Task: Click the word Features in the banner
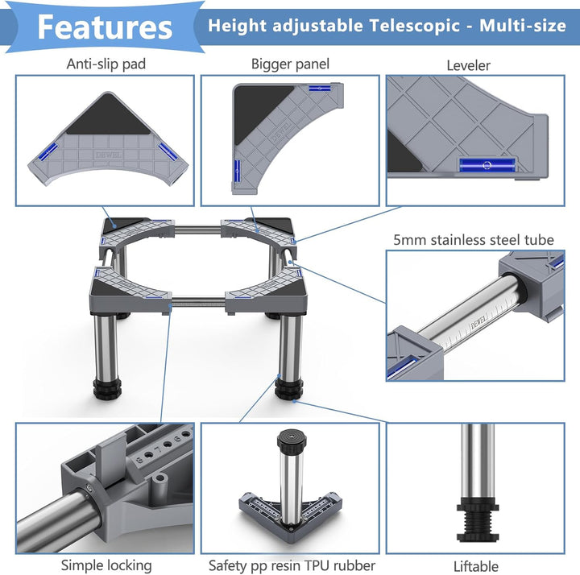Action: pyautogui.click(x=105, y=27)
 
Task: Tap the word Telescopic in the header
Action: pyautogui.click(x=414, y=26)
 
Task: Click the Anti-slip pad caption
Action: pyautogui.click(x=106, y=64)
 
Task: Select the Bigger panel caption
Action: pyautogui.click(x=290, y=64)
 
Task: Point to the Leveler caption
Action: pyautogui.click(x=468, y=65)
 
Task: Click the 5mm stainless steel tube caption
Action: pyautogui.click(x=474, y=240)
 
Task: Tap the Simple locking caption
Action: pyautogui.click(x=106, y=565)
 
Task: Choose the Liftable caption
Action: pyautogui.click(x=476, y=566)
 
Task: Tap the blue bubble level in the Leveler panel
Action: pyautogui.click(x=487, y=165)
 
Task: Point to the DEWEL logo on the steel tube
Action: pyautogui.click(x=478, y=325)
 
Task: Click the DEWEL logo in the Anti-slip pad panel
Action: pyautogui.click(x=109, y=155)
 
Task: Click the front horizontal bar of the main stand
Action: pyautogui.click(x=198, y=302)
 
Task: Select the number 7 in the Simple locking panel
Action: pyautogui.click(x=159, y=450)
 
